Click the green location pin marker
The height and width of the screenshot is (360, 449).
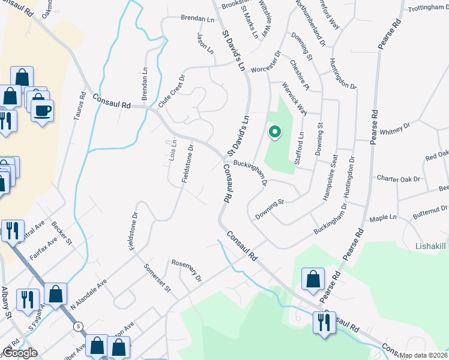point(274,131)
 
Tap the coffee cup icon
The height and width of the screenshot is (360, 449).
point(43,111)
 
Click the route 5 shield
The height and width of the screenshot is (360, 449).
point(78,327)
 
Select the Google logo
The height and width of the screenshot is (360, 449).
point(19,353)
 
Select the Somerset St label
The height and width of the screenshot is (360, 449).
point(158,278)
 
